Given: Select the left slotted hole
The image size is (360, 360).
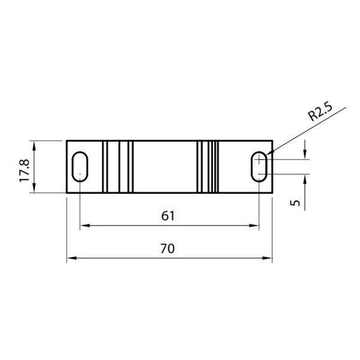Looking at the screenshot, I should pos(79,166).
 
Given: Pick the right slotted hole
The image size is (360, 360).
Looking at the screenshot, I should pos(259,166).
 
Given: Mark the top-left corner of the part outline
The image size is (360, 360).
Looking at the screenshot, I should pos(67,140).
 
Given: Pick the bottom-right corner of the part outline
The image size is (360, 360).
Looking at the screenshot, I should pos(272,193).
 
